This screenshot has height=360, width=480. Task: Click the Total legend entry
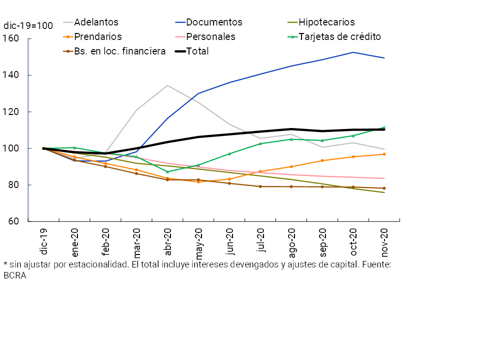click(x=197, y=51)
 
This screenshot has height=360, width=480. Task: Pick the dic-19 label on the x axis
click(x=43, y=241)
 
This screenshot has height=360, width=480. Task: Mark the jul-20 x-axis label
click(x=260, y=241)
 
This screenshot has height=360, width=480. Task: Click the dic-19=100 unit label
click(x=28, y=26)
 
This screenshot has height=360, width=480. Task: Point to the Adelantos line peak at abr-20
click(x=167, y=85)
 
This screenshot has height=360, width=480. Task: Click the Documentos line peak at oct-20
click(x=353, y=52)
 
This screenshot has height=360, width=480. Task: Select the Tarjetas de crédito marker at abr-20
click(x=167, y=171)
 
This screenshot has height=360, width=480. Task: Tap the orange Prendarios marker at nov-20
click(x=384, y=154)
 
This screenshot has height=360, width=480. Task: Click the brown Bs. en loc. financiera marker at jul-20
click(x=260, y=186)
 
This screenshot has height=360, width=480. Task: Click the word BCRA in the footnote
click(x=14, y=275)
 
